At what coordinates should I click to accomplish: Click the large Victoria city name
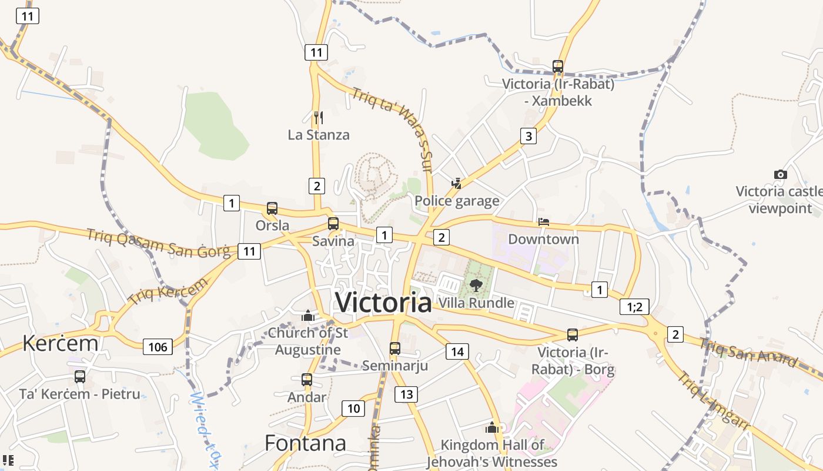click(x=383, y=303)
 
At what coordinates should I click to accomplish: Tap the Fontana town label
click(x=305, y=443)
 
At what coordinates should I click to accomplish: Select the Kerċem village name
click(x=60, y=343)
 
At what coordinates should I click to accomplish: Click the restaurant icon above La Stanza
click(x=319, y=118)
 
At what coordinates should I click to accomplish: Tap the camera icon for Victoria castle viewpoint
click(x=780, y=174)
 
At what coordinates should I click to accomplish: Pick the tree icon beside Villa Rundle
click(x=476, y=286)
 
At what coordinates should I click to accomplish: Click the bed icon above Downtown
click(x=544, y=222)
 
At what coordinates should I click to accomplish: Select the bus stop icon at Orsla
click(x=272, y=208)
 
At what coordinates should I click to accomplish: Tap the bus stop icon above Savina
click(x=333, y=224)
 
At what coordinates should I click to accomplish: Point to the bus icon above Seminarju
click(x=395, y=348)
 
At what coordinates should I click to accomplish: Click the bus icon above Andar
click(x=307, y=380)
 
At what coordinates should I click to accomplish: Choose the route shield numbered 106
click(x=158, y=347)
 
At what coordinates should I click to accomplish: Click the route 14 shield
click(x=457, y=352)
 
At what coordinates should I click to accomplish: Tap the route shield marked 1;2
click(x=634, y=306)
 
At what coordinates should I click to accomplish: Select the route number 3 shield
click(x=528, y=137)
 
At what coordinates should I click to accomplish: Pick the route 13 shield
click(x=406, y=394)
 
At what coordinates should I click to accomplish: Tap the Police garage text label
click(x=457, y=201)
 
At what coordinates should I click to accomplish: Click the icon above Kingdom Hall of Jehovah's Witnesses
click(x=492, y=427)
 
